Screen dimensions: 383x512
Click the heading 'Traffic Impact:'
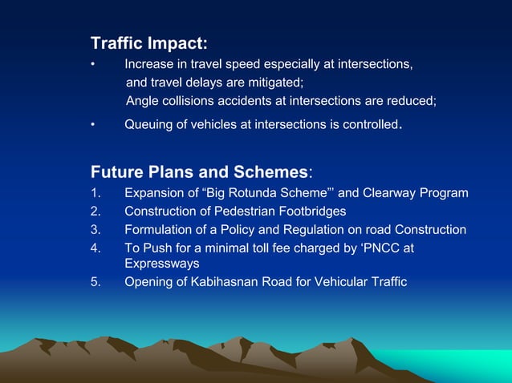click(x=148, y=42)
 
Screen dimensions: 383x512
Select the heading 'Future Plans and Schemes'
click(x=199, y=172)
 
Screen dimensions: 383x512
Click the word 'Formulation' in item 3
click(x=157, y=229)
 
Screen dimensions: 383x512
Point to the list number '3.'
click(x=96, y=229)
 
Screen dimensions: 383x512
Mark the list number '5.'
click(x=96, y=281)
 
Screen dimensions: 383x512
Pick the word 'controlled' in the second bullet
click(x=368, y=124)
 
